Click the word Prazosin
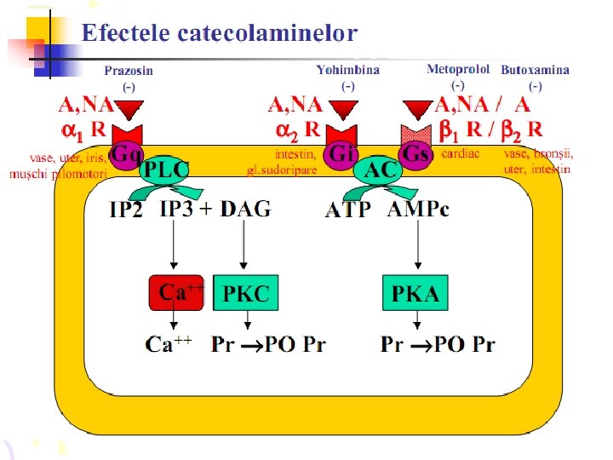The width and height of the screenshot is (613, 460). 129,71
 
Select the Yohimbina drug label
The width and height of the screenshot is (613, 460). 347,70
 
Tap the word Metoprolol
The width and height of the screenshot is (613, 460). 458,69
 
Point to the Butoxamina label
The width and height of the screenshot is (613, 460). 536,70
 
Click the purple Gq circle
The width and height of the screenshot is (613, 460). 127,156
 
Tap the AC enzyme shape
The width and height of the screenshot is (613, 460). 381,170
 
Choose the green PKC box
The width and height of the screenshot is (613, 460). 245,293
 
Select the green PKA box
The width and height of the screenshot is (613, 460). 415,293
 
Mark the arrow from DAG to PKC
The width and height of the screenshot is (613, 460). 245,247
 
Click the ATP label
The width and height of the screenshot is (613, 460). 348,210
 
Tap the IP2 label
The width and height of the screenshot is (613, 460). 126,210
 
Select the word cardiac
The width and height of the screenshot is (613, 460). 461,154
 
